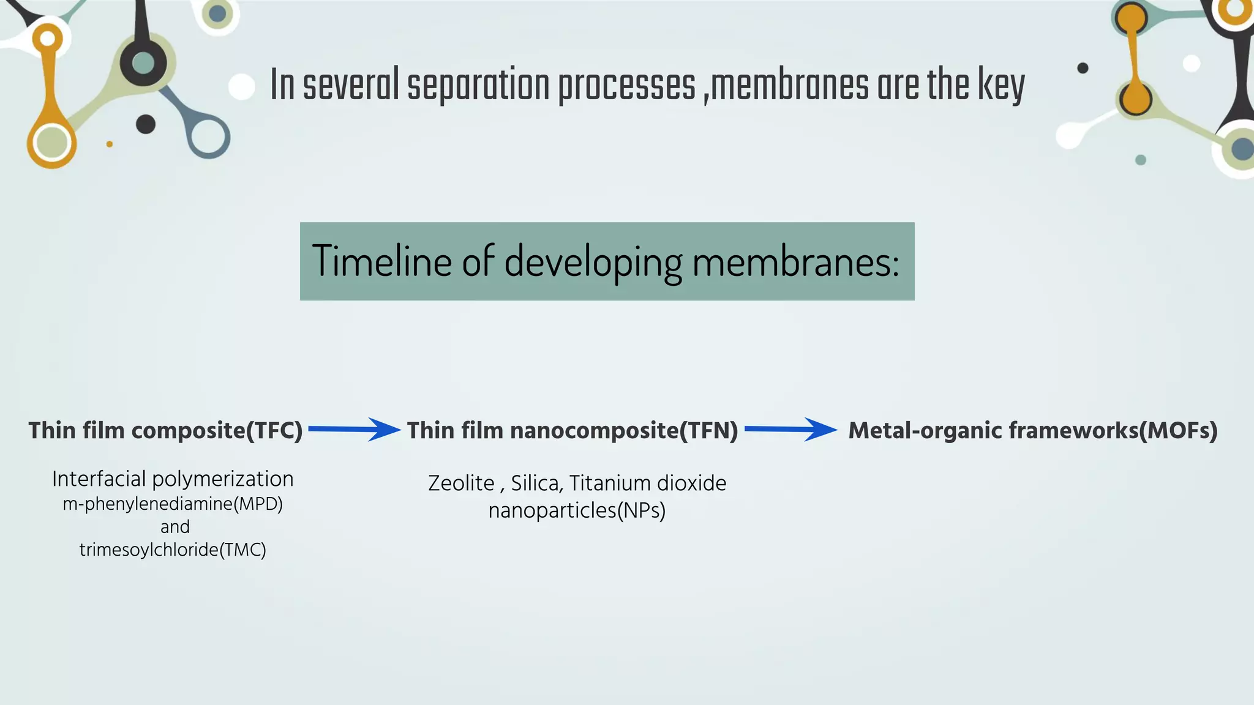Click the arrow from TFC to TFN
click(x=354, y=430)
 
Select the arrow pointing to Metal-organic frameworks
click(x=790, y=430)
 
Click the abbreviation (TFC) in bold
click(x=274, y=431)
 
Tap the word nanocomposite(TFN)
click(x=624, y=431)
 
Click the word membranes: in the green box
click(x=795, y=261)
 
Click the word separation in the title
click(x=478, y=86)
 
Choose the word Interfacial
click(x=99, y=479)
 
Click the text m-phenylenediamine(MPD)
click(x=173, y=504)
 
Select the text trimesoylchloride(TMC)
click(x=173, y=550)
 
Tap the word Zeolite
click(x=460, y=483)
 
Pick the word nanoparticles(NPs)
click(x=577, y=510)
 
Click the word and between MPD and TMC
click(x=175, y=527)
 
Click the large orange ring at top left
click(x=51, y=142)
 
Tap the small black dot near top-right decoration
click(x=1083, y=68)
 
